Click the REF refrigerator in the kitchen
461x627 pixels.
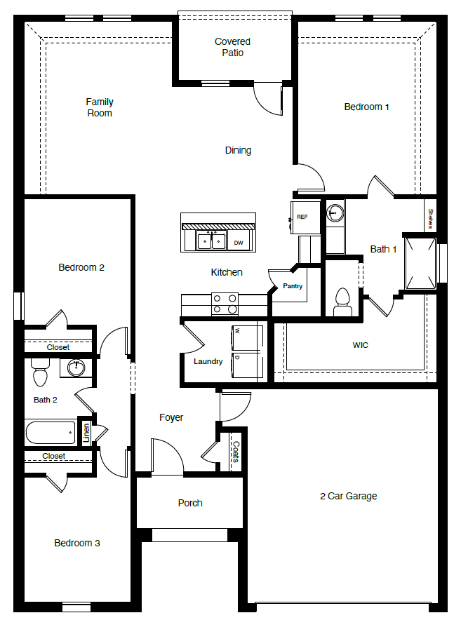click(302, 217)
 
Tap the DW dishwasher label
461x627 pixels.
click(239, 243)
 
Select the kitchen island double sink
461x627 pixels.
click(210, 241)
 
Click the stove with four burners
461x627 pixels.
click(225, 304)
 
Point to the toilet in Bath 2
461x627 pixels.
click(40, 375)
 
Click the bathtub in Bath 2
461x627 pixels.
click(51, 432)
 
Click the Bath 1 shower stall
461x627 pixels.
click(420, 264)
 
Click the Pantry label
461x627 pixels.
click(293, 286)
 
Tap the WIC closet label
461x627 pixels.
click(360, 345)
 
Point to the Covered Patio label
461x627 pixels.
click(232, 47)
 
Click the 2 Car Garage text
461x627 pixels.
click(348, 496)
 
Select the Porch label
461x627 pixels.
click(190, 503)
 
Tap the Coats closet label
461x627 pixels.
click(236, 452)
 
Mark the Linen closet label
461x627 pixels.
click(87, 432)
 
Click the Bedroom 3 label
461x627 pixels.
click(77, 543)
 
